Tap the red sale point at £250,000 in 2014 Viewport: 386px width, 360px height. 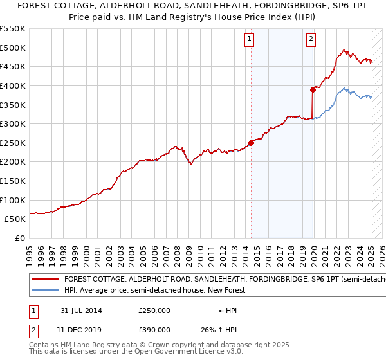tap(252, 143)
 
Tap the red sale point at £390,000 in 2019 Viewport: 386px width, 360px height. tap(313, 89)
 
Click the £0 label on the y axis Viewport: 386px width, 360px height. tap(19, 238)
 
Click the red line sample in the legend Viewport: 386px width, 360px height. tap(45, 280)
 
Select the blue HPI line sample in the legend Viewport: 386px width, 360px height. tap(45, 290)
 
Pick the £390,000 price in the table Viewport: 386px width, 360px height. tap(154, 329)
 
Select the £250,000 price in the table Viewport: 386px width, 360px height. tap(154, 310)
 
